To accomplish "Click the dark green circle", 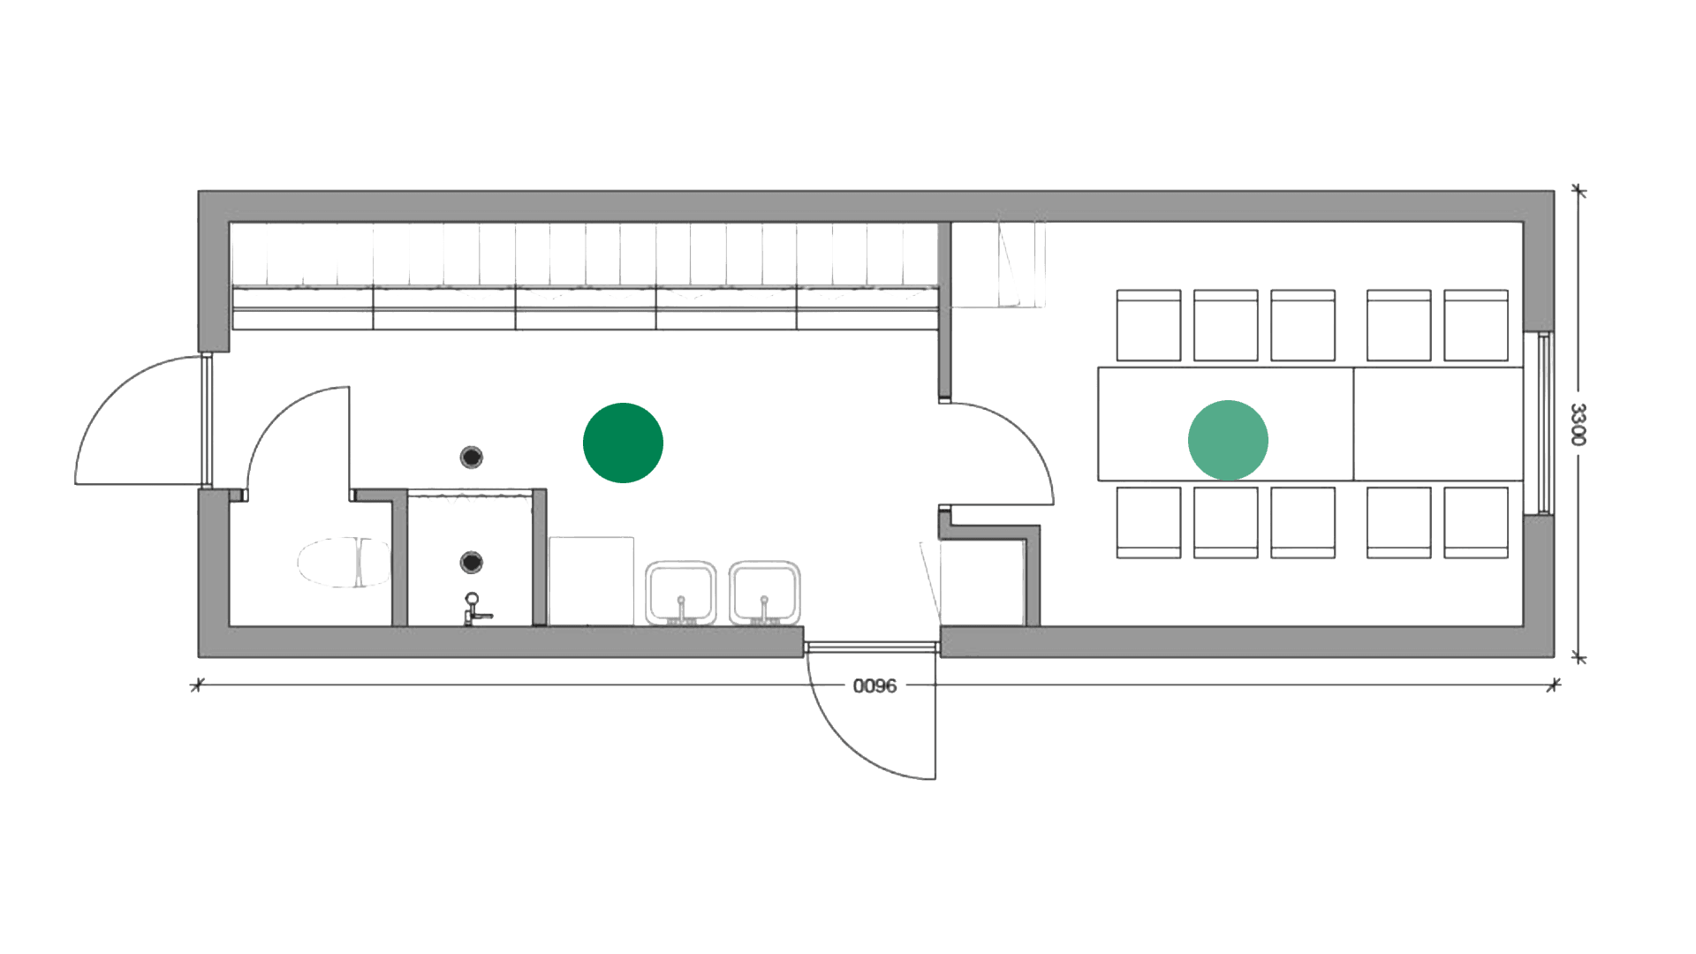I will tap(623, 443).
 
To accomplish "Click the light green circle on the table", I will tap(1228, 439).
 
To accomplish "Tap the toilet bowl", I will tap(344, 562).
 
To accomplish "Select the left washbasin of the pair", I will tap(680, 592).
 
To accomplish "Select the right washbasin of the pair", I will tap(765, 592).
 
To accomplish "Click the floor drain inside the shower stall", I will tap(473, 562).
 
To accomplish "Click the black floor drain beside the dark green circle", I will tap(473, 457).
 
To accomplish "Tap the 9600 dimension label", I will tap(874, 685).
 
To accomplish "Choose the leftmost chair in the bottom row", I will tap(1148, 522).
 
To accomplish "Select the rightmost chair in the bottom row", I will tap(1476, 522).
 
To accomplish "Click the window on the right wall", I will tap(1544, 424).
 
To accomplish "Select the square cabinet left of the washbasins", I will tap(591, 580).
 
